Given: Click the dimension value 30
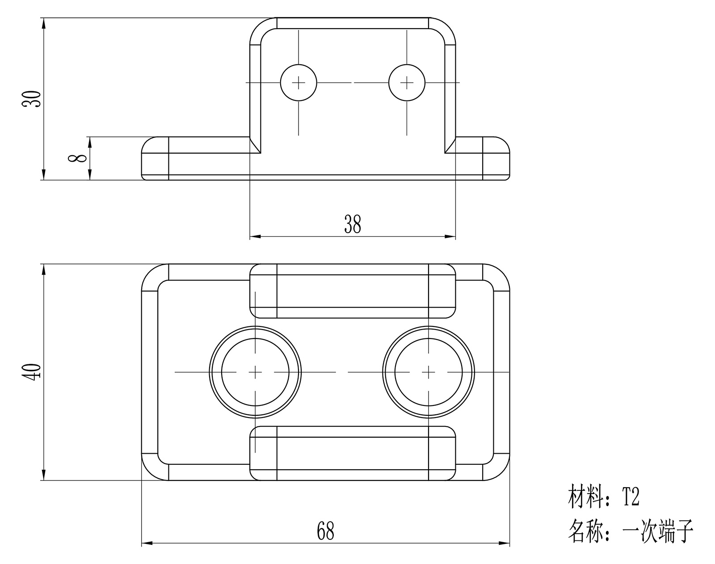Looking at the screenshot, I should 32,99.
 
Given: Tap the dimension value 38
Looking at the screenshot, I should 353,225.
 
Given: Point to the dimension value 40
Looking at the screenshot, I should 32,372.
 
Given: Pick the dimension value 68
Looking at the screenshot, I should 325,531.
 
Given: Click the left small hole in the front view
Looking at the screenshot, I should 299,83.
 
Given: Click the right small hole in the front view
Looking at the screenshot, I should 407,83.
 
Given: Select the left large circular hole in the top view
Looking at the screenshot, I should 255,372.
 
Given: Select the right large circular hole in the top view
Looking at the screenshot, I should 429,372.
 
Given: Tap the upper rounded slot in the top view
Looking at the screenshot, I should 353,291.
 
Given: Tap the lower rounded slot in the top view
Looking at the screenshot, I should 353,453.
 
